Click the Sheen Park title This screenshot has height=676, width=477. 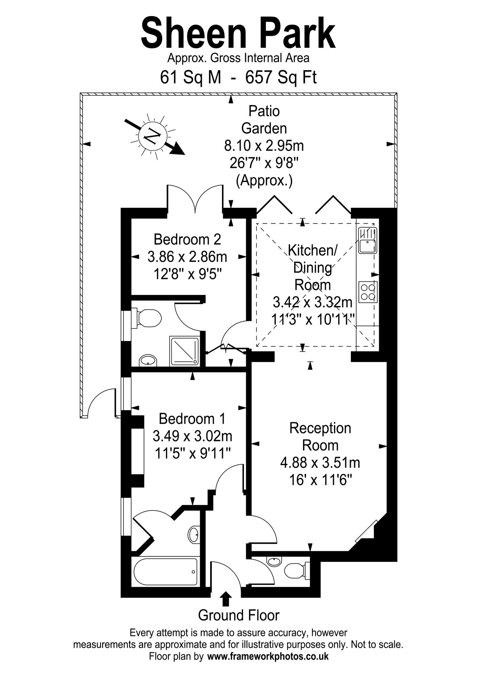coord(238,33)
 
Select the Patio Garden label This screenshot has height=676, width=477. coord(264,120)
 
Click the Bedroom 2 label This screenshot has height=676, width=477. coord(187,239)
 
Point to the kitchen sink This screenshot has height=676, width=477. coord(367,240)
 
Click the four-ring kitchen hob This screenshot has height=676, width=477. coord(368,292)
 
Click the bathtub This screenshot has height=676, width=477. coord(165,573)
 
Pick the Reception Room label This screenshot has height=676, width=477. coord(320,437)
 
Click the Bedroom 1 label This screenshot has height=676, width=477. coord(192,419)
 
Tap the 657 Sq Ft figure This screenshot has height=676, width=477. coord(281,78)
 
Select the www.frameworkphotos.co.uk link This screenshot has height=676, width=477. coord(268,664)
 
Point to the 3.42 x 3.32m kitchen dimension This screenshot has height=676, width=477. coord(312,302)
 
